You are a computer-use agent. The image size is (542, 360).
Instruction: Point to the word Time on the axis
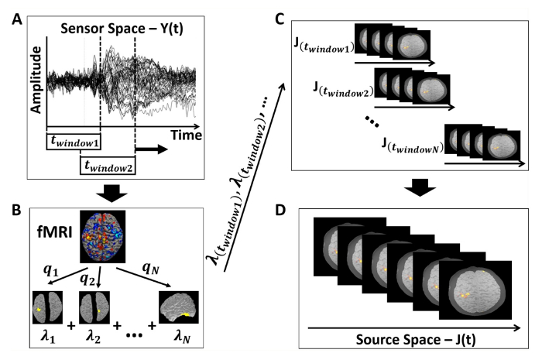click(x=186, y=135)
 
